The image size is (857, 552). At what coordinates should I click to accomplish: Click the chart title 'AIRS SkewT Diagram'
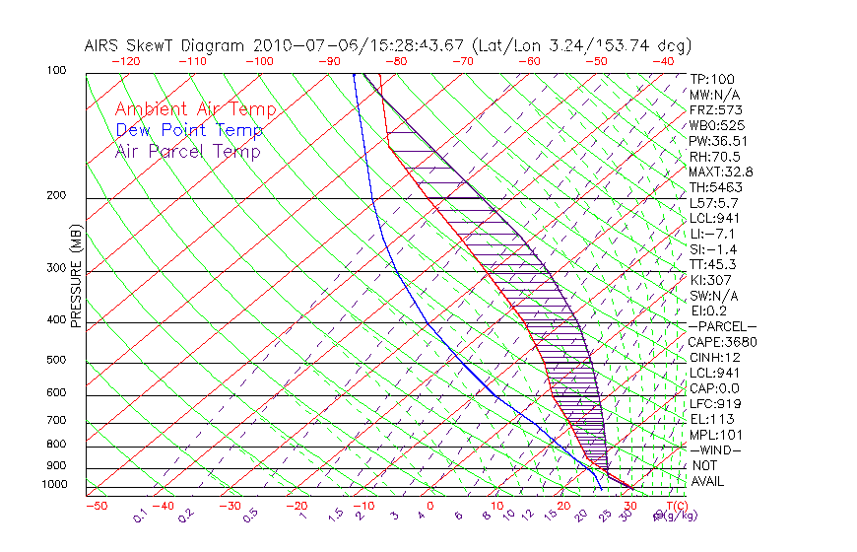[x=166, y=46]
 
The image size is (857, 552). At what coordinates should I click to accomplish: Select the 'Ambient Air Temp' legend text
[x=195, y=110]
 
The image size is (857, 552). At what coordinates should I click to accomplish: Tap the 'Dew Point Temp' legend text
[x=189, y=131]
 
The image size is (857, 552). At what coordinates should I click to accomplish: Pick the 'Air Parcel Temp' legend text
[x=187, y=152]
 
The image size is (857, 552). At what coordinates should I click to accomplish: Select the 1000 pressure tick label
[x=57, y=485]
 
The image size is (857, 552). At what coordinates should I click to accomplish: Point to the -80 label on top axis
[x=398, y=61]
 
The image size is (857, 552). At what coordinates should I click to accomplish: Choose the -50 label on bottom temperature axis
[x=96, y=506]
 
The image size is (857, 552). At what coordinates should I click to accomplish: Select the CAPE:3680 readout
[x=722, y=342]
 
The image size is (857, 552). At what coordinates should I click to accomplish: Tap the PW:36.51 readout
[x=714, y=141]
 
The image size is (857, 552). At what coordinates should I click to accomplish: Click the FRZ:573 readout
[x=711, y=109]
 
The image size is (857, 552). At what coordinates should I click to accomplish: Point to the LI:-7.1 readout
[x=710, y=234]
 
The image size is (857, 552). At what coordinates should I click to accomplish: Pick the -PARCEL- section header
[x=722, y=326]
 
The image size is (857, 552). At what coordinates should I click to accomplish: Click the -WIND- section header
[x=715, y=449]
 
